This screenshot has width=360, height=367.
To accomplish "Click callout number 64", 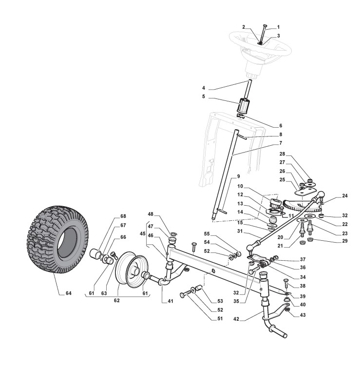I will [x=68, y=293].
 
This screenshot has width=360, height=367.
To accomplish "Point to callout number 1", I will [x=278, y=27].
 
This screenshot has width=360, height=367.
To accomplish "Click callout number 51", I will [x=220, y=319].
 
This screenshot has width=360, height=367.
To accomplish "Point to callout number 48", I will [x=151, y=214].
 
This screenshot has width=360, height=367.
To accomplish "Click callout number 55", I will [x=220, y=234].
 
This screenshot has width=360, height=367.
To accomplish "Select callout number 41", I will [x=171, y=302].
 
